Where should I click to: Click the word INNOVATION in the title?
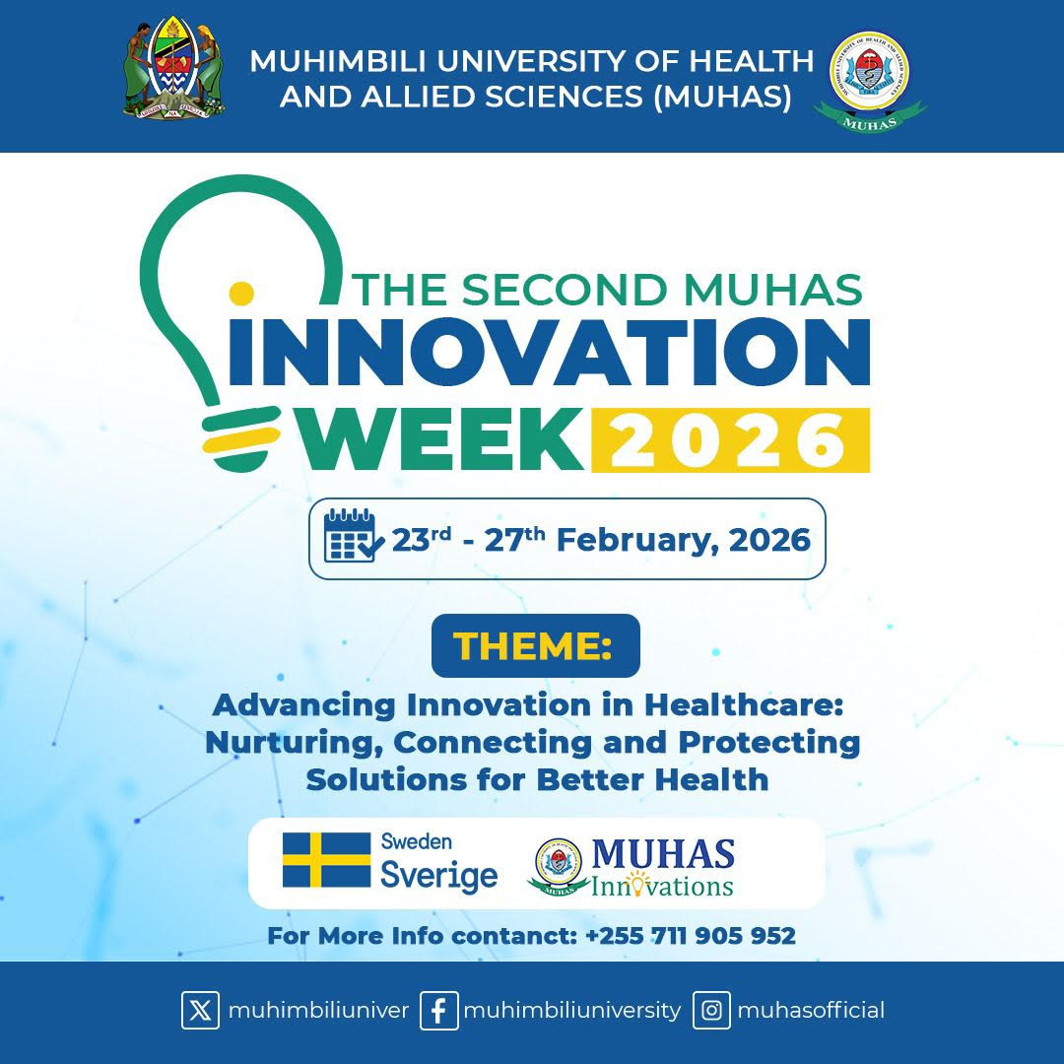[x=549, y=352]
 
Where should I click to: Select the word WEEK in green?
[x=440, y=439]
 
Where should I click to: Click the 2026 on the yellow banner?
[x=730, y=440]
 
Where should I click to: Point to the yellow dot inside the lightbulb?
[x=241, y=294]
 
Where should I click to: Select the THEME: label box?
[x=535, y=645]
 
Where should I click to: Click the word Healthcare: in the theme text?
[x=743, y=705]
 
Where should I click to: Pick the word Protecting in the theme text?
[x=769, y=743]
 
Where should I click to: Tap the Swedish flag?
[x=326, y=860]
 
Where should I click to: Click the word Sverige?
[x=439, y=876]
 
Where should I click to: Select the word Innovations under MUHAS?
[x=662, y=886]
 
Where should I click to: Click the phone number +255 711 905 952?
[x=690, y=936]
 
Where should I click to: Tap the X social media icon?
[x=200, y=1011]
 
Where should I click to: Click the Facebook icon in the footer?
[x=439, y=1011]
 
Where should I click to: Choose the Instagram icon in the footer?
[x=711, y=1011]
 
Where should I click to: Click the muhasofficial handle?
[x=811, y=1011]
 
